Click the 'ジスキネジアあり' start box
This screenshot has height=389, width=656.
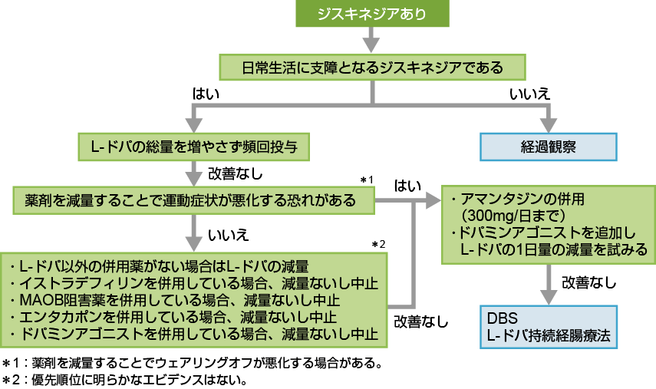coord(372,14)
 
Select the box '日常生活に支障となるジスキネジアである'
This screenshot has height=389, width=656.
coord(372,68)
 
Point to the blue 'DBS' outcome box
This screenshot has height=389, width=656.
coord(549,327)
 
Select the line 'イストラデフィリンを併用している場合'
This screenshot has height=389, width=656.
coord(197,283)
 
